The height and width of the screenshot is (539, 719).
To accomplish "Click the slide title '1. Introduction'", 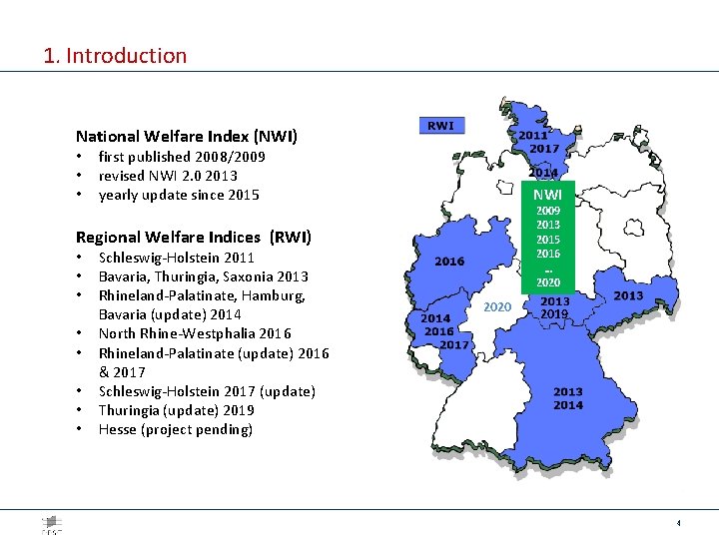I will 115,56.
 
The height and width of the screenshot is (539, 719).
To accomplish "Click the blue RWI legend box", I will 440,126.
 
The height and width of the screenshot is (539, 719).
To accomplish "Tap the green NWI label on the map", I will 546,195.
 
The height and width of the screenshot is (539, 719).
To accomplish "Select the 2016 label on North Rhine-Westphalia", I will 449,261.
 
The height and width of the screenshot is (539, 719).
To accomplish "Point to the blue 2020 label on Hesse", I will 497,306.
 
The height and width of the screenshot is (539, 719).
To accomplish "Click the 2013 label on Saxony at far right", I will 628,295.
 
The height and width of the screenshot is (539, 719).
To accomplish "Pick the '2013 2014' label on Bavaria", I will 568,398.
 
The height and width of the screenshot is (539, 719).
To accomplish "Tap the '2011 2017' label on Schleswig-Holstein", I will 538,142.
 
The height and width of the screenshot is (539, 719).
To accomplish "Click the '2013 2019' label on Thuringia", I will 555,307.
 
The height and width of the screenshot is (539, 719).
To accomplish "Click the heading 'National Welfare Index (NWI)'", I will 187,136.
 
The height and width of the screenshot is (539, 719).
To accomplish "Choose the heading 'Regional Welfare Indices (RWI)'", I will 194,237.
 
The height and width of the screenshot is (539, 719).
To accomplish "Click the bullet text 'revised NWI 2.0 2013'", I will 168,176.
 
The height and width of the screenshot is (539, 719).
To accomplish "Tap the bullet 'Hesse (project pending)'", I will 176,429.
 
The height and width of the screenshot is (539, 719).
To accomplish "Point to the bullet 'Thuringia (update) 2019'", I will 177,410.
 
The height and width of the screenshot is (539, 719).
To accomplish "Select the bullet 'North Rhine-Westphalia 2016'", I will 195,333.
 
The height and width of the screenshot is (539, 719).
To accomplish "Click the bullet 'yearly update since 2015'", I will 179,195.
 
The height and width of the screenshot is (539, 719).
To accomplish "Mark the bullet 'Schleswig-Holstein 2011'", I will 177,258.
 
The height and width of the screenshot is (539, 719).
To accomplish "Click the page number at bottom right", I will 679,523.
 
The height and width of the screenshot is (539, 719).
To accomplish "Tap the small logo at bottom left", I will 51,524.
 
